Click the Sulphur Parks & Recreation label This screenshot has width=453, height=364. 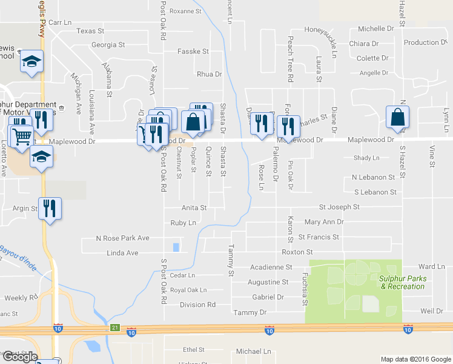tap(402, 282)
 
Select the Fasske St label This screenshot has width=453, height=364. tap(193, 52)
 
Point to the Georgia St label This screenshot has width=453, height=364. tap(108, 45)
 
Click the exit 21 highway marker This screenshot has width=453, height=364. tap(115, 328)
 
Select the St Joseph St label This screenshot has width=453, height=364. tap(339, 207)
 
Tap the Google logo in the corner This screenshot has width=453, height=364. tap(19, 357)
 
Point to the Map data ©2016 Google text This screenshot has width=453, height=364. tap(415, 359)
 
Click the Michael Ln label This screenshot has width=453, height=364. tap(253, 351)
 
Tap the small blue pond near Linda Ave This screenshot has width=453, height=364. tap(176, 247)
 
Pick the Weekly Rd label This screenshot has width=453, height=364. tap(16, 298)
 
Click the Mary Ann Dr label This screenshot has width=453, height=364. tap(324, 222)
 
